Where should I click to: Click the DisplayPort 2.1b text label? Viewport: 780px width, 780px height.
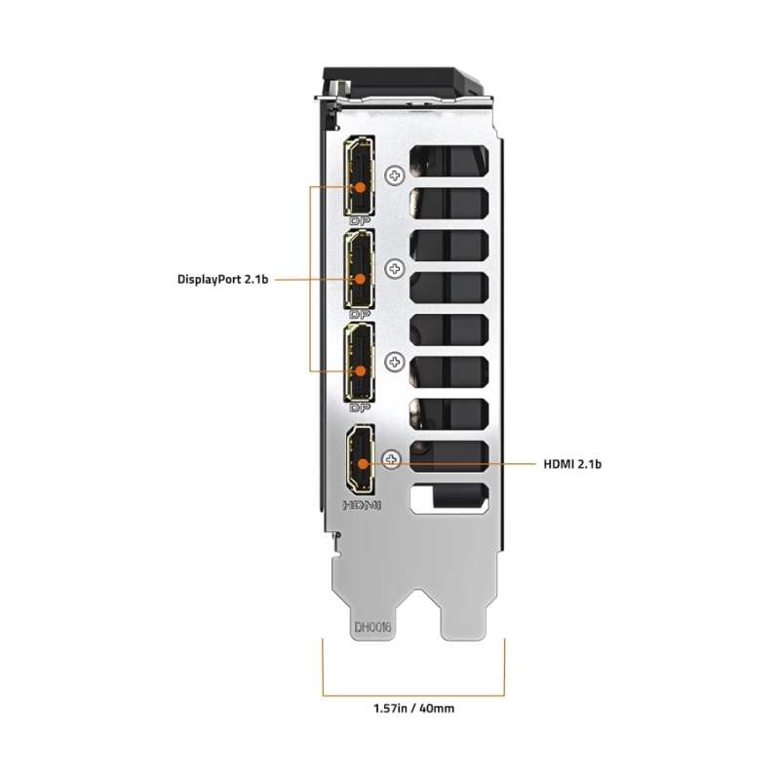(221, 279)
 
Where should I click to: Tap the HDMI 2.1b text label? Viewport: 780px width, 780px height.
(572, 464)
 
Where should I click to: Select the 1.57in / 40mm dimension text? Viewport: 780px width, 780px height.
(412, 708)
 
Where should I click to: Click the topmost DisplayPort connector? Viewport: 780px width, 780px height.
(361, 178)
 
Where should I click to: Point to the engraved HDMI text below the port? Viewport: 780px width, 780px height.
(361, 505)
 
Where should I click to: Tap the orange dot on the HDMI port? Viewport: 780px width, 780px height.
(361, 464)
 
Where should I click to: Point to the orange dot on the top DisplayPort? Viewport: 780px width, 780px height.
(360, 185)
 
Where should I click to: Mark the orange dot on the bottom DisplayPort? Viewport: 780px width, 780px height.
(360, 370)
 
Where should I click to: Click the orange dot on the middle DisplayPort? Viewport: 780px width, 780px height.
(360, 279)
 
